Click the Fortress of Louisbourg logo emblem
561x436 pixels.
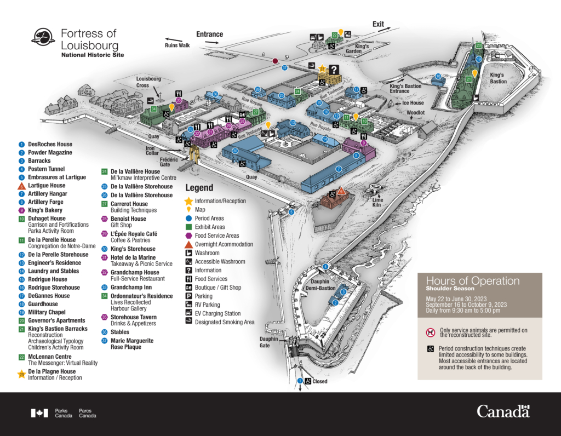tap(42, 38)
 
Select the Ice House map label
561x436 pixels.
tap(413, 103)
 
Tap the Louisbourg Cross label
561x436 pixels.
tap(148, 82)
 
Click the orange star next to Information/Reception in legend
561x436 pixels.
tap(189, 200)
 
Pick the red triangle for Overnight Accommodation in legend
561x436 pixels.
tap(189, 244)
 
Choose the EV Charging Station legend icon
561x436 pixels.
tap(189, 313)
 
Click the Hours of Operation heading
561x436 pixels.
tap(472, 281)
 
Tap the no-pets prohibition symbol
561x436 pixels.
tap(430, 332)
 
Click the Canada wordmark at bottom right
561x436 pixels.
tap(503, 411)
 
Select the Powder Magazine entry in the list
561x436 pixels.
tap(50, 153)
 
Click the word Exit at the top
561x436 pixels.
tap(378, 24)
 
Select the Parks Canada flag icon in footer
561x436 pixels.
tap(39, 413)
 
